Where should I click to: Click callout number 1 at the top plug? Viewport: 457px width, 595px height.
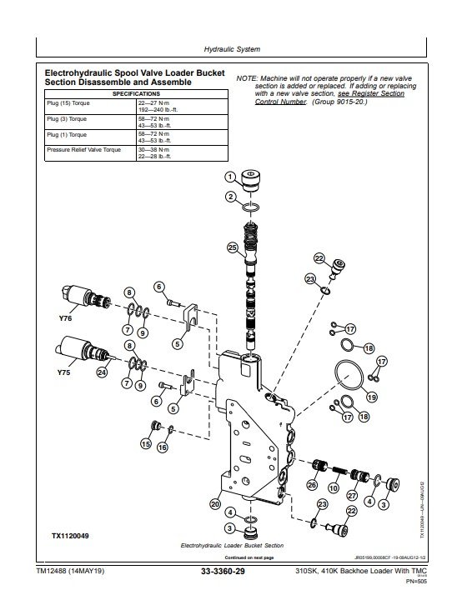click(229, 176)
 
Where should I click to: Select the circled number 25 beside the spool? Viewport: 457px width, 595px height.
click(232, 247)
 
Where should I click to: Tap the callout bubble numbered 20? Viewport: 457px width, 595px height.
click(215, 503)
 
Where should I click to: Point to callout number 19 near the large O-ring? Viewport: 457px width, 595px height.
click(372, 397)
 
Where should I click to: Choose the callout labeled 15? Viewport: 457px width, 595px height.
click(146, 445)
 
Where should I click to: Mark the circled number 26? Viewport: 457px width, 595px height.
click(312, 486)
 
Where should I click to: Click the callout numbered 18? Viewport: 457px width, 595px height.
click(369, 347)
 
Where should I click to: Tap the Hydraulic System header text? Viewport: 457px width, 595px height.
click(229, 51)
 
